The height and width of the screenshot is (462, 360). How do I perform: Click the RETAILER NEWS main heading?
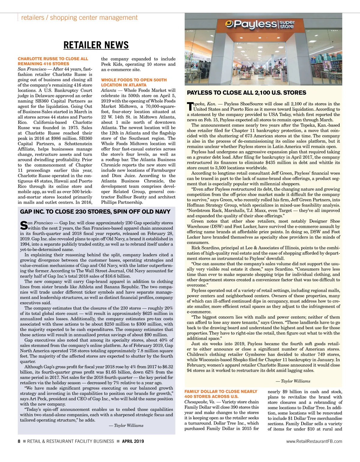pos(96,45)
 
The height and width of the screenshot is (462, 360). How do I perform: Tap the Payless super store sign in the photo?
pos(260,24)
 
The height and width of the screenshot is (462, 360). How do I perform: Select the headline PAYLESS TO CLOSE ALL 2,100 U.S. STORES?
pos(246,93)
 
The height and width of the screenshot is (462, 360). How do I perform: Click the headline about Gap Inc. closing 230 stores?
pos(95,212)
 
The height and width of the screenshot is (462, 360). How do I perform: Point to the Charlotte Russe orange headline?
pos(53,61)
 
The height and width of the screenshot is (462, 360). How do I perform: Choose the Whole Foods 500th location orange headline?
pos(134,82)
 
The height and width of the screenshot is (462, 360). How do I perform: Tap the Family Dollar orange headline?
pos(220,394)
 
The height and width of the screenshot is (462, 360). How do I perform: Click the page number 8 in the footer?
pos(19,441)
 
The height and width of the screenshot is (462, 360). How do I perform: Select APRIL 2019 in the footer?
pos(133,441)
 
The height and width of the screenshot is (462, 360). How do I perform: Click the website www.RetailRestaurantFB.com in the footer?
pos(314,441)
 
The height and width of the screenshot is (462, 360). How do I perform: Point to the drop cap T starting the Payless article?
pos(190,106)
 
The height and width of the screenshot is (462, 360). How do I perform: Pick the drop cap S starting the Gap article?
pos(23,225)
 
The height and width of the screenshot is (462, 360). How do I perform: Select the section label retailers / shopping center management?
pos(79,18)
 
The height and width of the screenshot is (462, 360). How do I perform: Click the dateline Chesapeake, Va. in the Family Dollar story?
pos(199,402)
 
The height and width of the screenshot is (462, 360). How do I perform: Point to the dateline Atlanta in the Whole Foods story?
pos(109,90)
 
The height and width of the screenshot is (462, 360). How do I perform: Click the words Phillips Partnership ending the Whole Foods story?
pos(121,202)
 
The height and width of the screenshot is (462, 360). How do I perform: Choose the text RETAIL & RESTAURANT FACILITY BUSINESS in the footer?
pos(70,441)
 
